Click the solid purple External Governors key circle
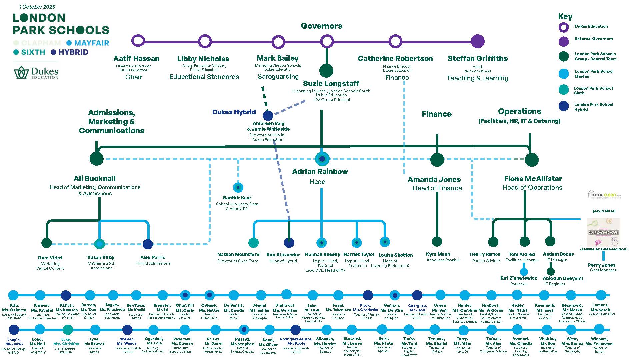(563, 41)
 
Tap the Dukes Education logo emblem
(22, 72)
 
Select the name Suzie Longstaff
(331, 83)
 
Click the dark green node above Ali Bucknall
(97, 159)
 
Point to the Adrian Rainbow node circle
(322, 159)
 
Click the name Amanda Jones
(434, 179)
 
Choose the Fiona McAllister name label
(533, 179)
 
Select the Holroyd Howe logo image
(603, 232)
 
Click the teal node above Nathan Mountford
(253, 242)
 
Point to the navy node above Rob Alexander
(289, 242)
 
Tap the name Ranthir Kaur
(237, 198)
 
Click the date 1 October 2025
(37, 7)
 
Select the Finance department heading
(436, 114)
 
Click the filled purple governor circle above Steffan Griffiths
(477, 41)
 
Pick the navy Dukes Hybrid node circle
(268, 116)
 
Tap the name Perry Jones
(602, 265)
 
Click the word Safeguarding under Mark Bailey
(278, 76)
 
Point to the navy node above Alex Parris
(147, 244)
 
